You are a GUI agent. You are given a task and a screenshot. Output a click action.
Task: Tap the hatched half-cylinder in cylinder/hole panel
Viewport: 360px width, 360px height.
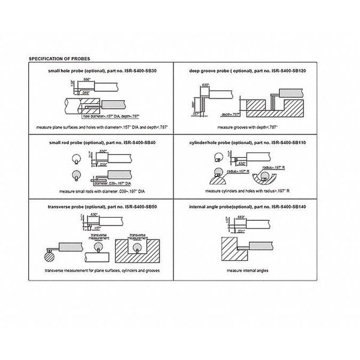[215, 178]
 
